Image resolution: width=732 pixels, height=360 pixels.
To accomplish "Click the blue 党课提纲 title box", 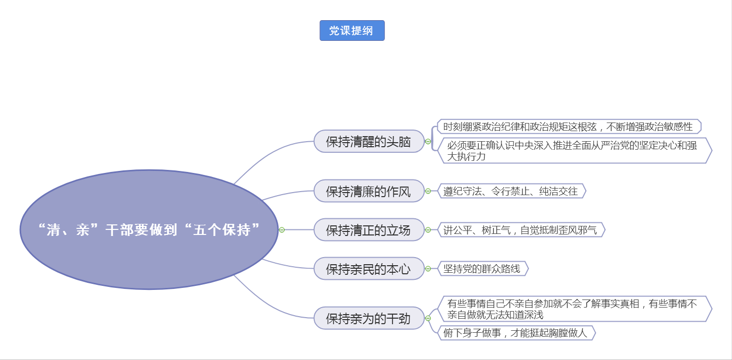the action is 352,30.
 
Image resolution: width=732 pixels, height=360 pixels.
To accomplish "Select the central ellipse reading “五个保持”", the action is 149,229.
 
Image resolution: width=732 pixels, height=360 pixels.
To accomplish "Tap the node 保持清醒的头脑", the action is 369,142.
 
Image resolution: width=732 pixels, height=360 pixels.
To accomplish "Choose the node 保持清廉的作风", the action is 369,191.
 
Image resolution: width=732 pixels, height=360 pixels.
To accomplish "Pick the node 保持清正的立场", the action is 369,229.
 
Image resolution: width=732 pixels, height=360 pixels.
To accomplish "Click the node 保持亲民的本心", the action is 369,269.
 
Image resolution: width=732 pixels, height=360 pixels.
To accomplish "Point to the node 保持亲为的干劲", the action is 369,318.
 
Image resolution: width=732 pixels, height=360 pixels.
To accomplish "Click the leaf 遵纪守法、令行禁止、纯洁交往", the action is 512,191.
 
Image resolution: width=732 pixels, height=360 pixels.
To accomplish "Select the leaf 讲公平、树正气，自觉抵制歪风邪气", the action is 521,229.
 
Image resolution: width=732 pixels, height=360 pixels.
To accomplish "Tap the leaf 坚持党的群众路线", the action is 483,269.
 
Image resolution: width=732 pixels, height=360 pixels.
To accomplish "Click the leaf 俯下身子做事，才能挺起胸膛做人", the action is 517,333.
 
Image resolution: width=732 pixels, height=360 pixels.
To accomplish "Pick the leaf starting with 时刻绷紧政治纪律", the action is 569,127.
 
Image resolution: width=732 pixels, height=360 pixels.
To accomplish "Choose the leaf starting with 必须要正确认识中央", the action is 575,151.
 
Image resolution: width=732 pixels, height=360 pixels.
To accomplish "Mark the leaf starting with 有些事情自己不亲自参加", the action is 575,309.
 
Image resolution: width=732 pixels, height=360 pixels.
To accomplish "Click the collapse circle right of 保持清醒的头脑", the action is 428,142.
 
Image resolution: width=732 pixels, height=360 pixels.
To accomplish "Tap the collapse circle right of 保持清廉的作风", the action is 428,191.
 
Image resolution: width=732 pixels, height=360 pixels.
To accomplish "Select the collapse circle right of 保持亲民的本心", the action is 428,269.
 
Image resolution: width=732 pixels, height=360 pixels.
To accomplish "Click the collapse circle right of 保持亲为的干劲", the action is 428,318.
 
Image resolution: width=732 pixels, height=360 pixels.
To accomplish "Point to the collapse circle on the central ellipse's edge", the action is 281,229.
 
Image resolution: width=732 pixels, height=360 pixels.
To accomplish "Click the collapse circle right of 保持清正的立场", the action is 428,229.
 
